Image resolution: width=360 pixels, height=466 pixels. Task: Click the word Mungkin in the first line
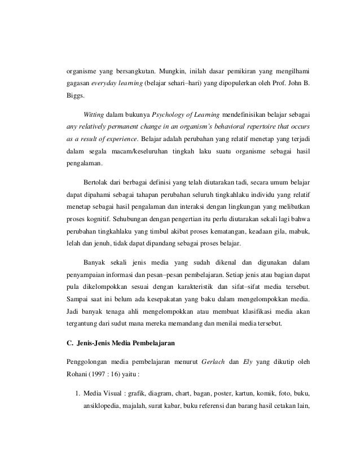click(175, 72)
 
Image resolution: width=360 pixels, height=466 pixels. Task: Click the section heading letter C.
click(65, 340)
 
